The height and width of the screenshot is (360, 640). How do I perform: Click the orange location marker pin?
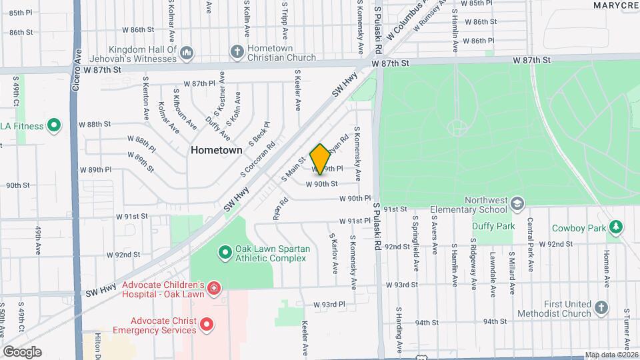(x=320, y=159)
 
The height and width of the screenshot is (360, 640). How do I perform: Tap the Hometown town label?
(x=217, y=150)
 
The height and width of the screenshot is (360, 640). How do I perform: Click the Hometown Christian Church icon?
(x=236, y=51)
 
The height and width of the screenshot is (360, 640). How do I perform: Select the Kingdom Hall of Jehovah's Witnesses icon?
(x=187, y=51)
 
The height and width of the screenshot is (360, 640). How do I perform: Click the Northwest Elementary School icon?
(x=518, y=203)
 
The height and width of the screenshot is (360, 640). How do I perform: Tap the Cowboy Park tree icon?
(x=617, y=227)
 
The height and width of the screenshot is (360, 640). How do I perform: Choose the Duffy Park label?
(x=493, y=226)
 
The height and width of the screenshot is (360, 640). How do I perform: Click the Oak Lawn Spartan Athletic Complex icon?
(x=225, y=253)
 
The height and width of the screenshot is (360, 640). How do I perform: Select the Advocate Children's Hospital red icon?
(x=213, y=289)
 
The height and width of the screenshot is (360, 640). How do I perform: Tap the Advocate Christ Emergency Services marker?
(x=207, y=325)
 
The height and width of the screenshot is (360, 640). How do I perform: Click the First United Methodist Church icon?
(x=601, y=308)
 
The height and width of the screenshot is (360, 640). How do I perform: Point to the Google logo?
(x=22, y=352)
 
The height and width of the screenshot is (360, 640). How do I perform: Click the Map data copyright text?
(x=610, y=355)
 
